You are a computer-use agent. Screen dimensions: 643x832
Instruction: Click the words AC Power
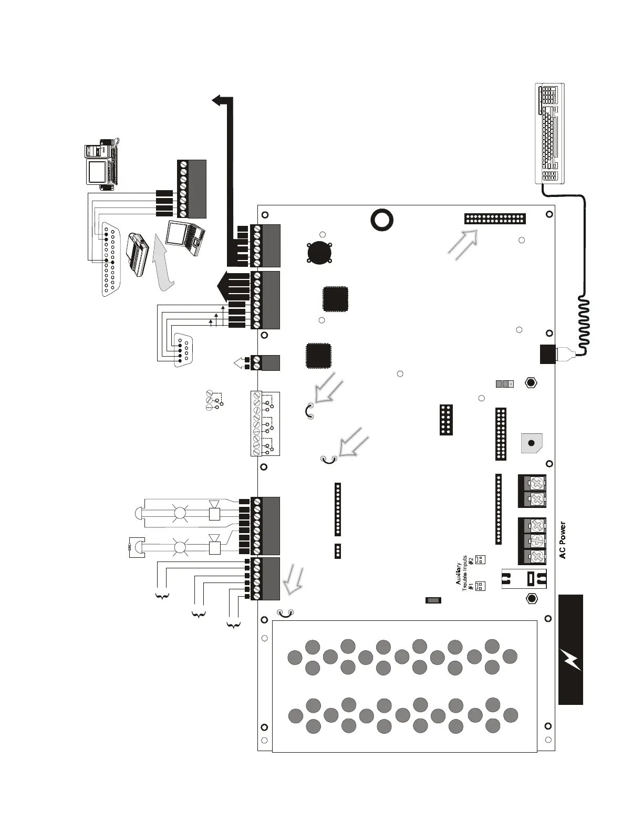tap(563, 540)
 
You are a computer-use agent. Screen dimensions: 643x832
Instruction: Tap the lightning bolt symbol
tap(571, 660)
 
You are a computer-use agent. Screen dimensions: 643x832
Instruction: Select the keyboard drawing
tap(550, 133)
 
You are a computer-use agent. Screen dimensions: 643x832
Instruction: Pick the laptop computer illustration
tap(184, 238)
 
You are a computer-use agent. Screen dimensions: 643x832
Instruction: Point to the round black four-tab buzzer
tap(319, 252)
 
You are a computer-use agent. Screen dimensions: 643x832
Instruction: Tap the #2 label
tap(471, 560)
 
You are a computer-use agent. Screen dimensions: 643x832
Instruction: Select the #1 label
tap(471, 585)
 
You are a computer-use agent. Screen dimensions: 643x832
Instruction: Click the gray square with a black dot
tap(531, 443)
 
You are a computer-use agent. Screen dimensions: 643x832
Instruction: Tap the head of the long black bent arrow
tap(217, 100)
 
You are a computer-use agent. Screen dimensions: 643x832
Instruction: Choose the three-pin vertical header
tap(338, 551)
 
